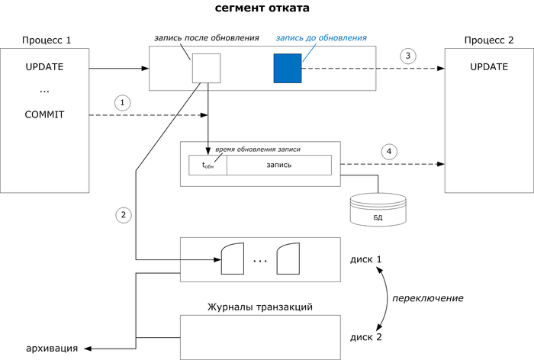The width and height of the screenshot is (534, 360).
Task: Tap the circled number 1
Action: click(123, 101)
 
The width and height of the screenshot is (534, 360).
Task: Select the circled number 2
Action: click(123, 216)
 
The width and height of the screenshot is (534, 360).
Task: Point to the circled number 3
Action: click(409, 56)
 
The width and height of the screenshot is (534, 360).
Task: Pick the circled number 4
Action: click(390, 151)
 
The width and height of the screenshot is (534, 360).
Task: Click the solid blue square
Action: click(288, 69)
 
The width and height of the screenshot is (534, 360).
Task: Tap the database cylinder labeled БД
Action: click(378, 209)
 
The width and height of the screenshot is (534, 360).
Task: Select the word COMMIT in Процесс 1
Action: click(44, 115)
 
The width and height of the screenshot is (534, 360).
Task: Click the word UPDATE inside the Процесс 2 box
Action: click(488, 66)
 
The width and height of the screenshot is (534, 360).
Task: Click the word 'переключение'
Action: click(428, 297)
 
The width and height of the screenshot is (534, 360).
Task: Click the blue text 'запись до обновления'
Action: click(321, 37)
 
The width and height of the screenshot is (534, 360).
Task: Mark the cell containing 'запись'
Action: click(278, 165)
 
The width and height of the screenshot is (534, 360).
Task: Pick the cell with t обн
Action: click(207, 165)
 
